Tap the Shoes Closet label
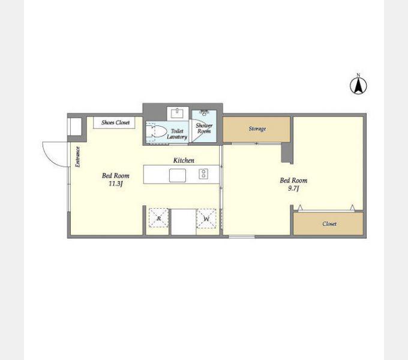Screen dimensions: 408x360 pyautogui.click(x=115, y=122)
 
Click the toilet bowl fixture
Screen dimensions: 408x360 pyautogui.click(x=156, y=131)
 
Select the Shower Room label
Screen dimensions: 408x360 pyautogui.click(x=204, y=128)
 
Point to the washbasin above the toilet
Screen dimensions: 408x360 pyautogui.click(x=178, y=113)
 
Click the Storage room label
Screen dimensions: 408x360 pyautogui.click(x=257, y=128)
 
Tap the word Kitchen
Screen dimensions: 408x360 pyautogui.click(x=184, y=160)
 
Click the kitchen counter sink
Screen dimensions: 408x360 pyautogui.click(x=178, y=175)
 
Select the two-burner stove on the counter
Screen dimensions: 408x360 pyautogui.click(x=203, y=174)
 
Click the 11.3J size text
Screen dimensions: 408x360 pyautogui.click(x=116, y=184)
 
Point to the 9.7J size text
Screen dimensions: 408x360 pyautogui.click(x=293, y=188)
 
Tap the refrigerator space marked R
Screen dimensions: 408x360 pyautogui.click(x=158, y=218)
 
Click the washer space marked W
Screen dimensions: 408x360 pyautogui.click(x=206, y=218)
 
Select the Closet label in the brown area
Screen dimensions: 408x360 pyautogui.click(x=329, y=224)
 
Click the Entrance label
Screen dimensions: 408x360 pyautogui.click(x=77, y=157)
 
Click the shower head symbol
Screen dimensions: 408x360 pyautogui.click(x=204, y=112)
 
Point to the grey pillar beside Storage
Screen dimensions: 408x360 pyautogui.click(x=287, y=153)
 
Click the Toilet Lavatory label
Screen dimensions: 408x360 pyautogui.click(x=177, y=134)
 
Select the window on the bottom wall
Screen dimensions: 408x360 pyautogui.click(x=241, y=236)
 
